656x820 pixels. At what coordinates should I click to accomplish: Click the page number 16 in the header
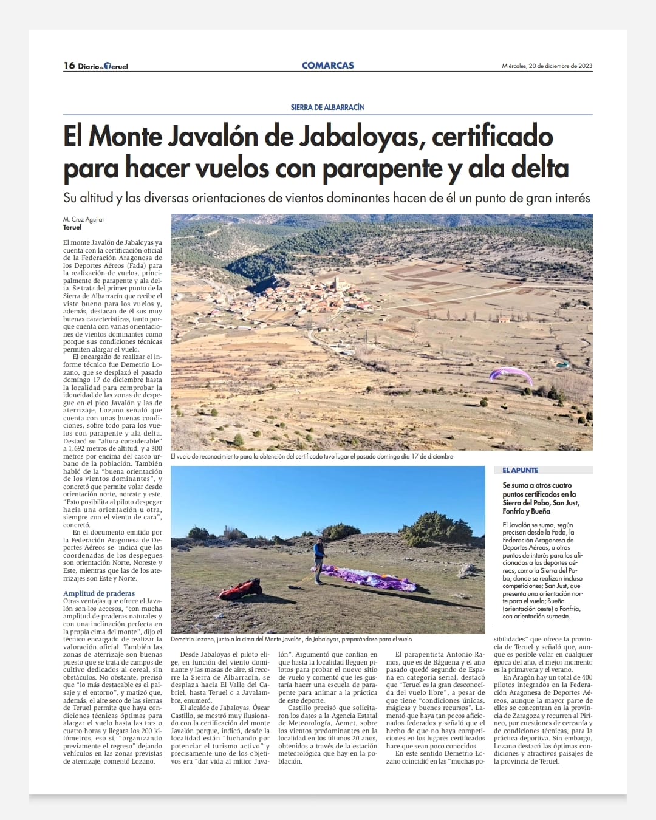pyautogui.click(x=69, y=66)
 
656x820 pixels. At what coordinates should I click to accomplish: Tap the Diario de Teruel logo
pyautogui.click(x=103, y=66)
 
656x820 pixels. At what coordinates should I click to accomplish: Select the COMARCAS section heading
pyautogui.click(x=327, y=66)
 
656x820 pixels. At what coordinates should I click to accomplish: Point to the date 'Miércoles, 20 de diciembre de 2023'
pyautogui.click(x=547, y=66)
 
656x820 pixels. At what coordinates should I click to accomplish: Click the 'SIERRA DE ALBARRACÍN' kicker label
pyautogui.click(x=327, y=107)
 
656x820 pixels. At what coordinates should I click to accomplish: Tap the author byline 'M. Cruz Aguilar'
pyautogui.click(x=84, y=219)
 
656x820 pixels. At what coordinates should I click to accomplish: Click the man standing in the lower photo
pyautogui.click(x=319, y=559)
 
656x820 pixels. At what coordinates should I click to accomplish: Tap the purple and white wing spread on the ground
pyautogui.click(x=371, y=578)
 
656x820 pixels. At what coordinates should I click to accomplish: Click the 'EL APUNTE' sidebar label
pyautogui.click(x=521, y=470)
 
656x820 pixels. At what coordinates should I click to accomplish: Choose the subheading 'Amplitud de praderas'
pyautogui.click(x=99, y=593)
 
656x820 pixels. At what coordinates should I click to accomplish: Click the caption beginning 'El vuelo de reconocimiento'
pyautogui.click(x=312, y=456)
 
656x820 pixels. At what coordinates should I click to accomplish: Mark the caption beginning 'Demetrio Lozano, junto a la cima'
pyautogui.click(x=291, y=639)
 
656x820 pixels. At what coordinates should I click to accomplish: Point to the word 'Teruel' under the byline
pyautogui.click(x=72, y=227)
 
